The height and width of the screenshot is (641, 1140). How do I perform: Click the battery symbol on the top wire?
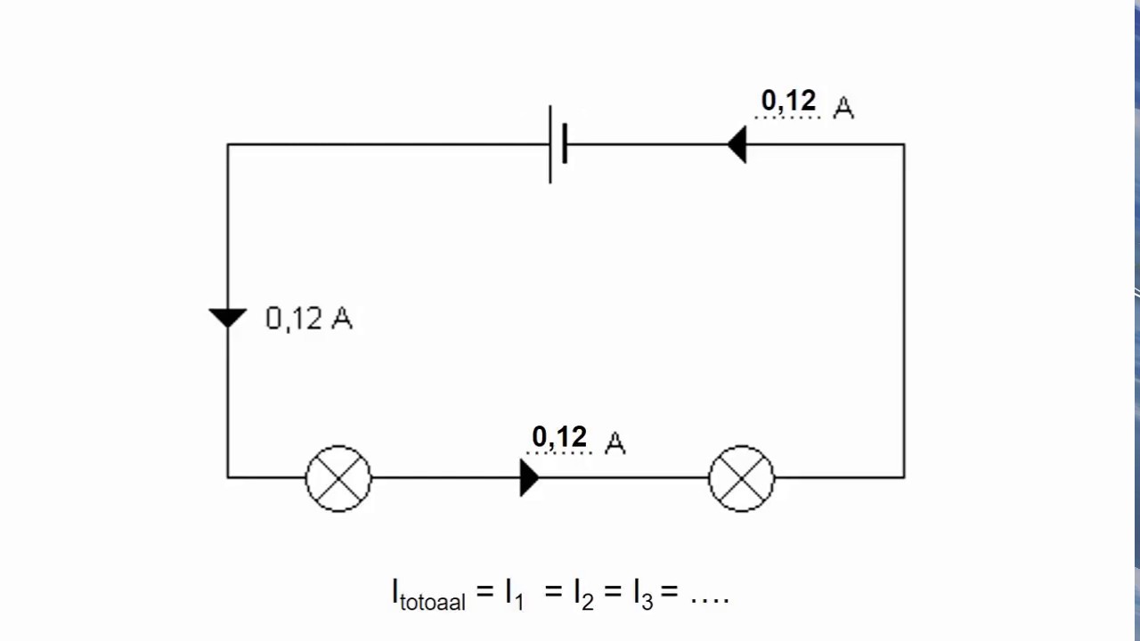coord(558,144)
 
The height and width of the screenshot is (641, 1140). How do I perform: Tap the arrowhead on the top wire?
coord(737,144)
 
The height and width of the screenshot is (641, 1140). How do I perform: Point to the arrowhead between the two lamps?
coord(530,478)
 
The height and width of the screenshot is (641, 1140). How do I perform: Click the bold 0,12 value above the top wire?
coord(788,101)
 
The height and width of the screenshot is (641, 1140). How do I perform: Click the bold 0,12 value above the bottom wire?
coord(559,437)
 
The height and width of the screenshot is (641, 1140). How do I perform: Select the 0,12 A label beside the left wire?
coord(309,319)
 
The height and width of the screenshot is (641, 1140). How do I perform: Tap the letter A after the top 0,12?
coord(843,108)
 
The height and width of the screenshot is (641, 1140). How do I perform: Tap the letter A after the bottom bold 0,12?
coord(615,442)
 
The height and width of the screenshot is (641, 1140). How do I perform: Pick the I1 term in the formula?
coord(514,594)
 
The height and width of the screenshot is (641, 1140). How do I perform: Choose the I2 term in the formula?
coord(583,594)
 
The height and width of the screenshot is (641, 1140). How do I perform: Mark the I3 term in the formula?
coord(643,594)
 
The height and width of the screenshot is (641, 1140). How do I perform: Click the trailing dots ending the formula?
coord(710,601)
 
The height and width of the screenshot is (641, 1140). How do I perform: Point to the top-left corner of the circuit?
coord(227,144)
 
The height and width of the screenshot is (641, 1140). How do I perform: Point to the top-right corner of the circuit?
coord(904,144)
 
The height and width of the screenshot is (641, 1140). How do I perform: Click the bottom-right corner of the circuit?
coord(904,478)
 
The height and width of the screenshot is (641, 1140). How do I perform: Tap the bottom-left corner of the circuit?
coord(227,478)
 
